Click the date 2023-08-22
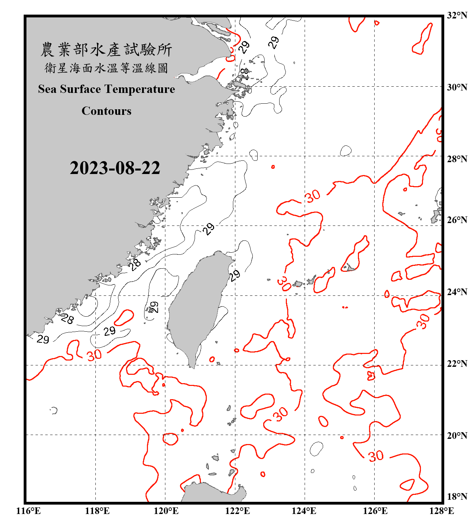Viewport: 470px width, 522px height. [115, 168]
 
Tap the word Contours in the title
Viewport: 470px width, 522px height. [107, 111]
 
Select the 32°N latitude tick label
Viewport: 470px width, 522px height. [457, 15]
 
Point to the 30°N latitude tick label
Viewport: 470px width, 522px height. [457, 87]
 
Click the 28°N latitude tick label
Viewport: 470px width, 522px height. [457, 159]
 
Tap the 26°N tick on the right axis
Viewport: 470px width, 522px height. [457, 220]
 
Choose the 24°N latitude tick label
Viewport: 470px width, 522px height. [457, 292]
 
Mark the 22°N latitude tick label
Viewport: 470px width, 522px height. [457, 364]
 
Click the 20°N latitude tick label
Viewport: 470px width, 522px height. [457, 435]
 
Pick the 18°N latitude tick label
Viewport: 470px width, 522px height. [457, 497]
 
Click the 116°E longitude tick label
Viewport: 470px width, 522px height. [29, 511]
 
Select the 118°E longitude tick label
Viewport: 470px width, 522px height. [97, 511]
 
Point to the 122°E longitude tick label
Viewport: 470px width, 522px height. [237, 511]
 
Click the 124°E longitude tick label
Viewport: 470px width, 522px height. [304, 511]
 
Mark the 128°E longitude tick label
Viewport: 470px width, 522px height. [441, 511]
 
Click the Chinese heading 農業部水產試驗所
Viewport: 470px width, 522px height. [106, 50]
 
